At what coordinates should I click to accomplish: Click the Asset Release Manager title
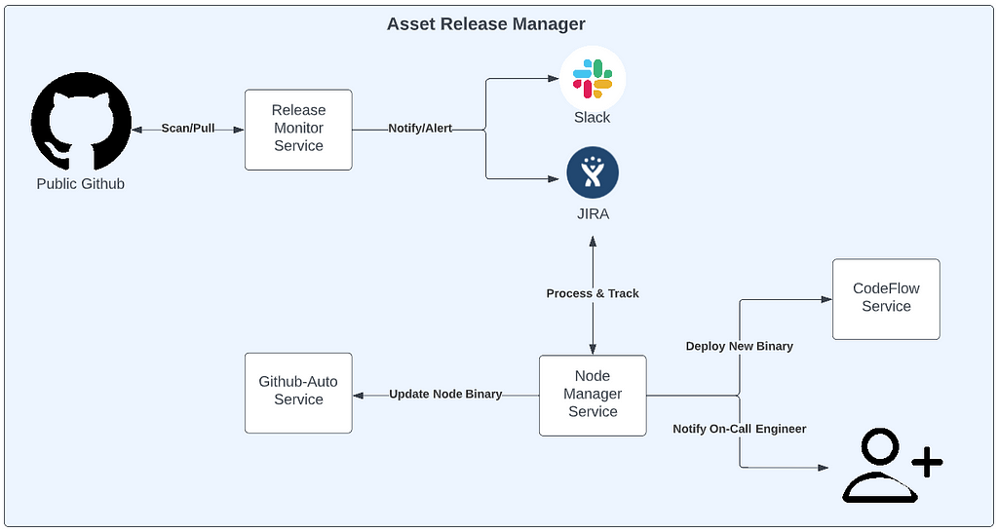486,24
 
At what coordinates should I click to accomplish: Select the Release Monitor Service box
298,130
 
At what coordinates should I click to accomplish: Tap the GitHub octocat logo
81,122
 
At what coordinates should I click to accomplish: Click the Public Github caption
81,184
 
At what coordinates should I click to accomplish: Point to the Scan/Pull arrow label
188,129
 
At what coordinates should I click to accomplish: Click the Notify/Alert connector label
420,129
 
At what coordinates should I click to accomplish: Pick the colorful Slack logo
593,79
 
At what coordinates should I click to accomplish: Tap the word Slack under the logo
592,118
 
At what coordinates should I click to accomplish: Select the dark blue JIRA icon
593,172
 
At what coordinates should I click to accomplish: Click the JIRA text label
593,214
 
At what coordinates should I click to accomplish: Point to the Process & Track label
593,293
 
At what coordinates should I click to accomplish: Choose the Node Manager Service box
593,396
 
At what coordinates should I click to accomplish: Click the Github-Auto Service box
298,393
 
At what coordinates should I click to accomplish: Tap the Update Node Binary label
445,394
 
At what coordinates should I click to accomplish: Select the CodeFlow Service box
886,299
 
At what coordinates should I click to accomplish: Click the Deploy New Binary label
740,346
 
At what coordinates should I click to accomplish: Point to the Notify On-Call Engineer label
740,429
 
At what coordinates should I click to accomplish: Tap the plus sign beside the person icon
927,462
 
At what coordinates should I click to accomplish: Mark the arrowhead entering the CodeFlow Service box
826,299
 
